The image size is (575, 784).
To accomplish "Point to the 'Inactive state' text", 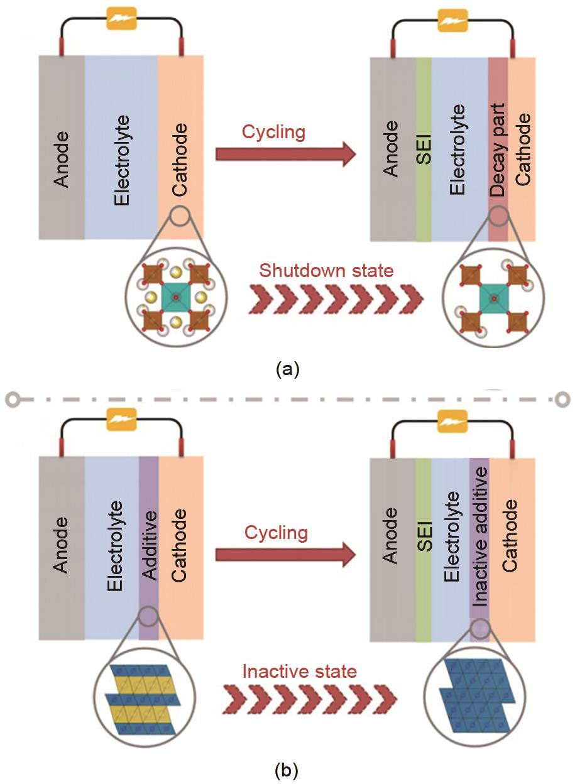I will click(300, 672).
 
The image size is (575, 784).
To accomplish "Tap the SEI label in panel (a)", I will click(424, 150).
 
